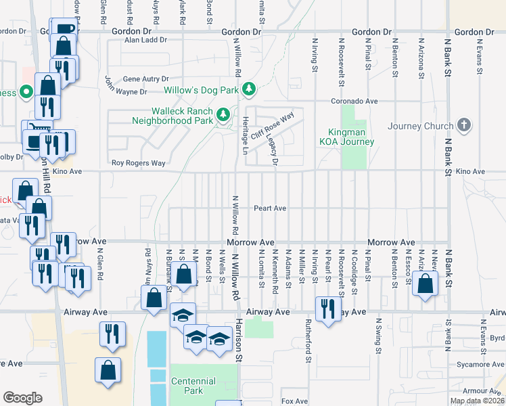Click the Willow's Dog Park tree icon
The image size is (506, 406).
coord(250,89)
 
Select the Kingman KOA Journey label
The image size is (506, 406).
coord(346,137)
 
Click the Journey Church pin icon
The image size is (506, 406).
coord(463,125)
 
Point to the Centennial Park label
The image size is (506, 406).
coord(193,386)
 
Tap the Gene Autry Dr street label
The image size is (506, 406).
coord(145,78)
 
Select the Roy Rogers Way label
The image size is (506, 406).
coord(138,163)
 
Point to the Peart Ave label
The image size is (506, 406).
coord(270,208)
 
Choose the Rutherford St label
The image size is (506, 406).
coord(307,339)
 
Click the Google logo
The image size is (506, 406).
coord(22,398)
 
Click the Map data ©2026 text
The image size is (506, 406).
coord(477,401)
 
